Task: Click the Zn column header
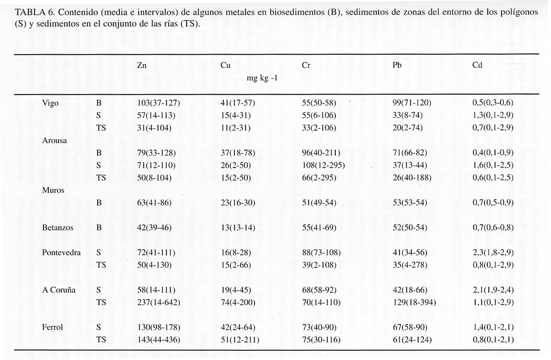(x=142, y=65)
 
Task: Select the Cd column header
(x=477, y=65)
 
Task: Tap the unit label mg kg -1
(x=262, y=79)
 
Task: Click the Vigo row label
(x=50, y=103)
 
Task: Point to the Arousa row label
(x=54, y=141)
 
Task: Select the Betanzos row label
(x=57, y=227)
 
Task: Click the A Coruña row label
(x=59, y=290)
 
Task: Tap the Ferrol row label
(x=52, y=327)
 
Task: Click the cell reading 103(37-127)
(x=158, y=103)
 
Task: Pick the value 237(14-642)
(x=159, y=303)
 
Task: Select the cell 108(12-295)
(x=323, y=165)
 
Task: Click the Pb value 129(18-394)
(x=414, y=303)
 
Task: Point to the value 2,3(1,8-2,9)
(x=493, y=253)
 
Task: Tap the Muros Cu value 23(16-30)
(x=238, y=202)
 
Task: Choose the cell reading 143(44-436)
(x=159, y=340)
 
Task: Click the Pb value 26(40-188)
(x=412, y=178)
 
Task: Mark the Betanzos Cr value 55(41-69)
(x=319, y=227)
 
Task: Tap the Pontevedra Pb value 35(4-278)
(x=410, y=265)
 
